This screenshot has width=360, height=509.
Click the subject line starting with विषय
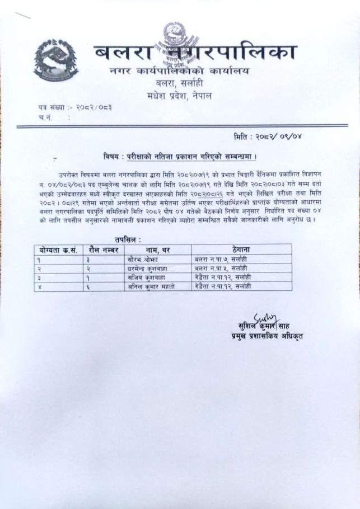tap(184, 155)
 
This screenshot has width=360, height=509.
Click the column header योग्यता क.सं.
tap(57, 248)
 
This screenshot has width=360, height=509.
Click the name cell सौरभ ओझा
tap(144, 260)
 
